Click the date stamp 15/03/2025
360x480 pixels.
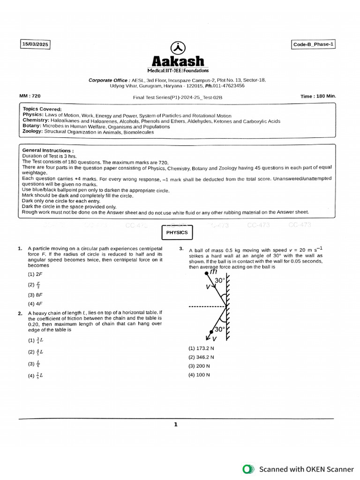(x=35, y=45)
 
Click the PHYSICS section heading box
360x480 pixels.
(x=177, y=232)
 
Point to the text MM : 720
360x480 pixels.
(x=30, y=96)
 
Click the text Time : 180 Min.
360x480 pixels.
(x=318, y=96)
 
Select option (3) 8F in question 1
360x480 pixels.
(x=35, y=295)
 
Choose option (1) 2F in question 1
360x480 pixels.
(x=35, y=274)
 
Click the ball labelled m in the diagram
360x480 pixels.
(x=201, y=272)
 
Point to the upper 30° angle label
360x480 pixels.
(x=219, y=280)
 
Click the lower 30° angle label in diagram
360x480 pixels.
(x=219, y=329)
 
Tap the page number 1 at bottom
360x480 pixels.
(x=176, y=425)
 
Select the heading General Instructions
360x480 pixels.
(x=47, y=150)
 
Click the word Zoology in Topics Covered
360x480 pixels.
(x=32, y=132)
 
